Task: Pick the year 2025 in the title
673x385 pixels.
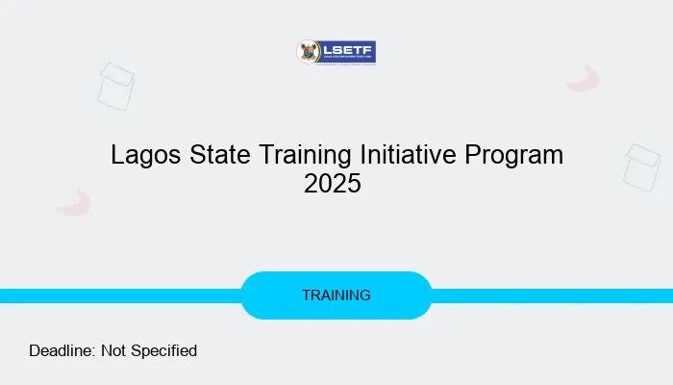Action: [333, 183]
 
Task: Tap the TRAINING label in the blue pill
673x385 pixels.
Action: [336, 295]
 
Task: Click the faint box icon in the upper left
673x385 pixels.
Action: [115, 87]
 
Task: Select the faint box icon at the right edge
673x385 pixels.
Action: [641, 167]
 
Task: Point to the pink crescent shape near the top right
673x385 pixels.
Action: [584, 79]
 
